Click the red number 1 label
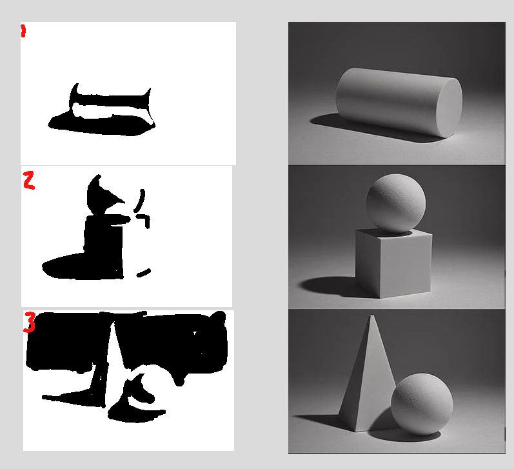tap(23, 31)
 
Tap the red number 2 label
tap(29, 181)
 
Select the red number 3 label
tap(30, 322)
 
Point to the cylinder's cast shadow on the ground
tap(370, 128)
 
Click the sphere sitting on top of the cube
tap(396, 203)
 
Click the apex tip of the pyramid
tap(371, 316)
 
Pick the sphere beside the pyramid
tap(422, 404)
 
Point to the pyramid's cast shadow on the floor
tap(320, 421)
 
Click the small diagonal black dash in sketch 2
tap(144, 272)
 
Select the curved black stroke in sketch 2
tap(140, 201)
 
